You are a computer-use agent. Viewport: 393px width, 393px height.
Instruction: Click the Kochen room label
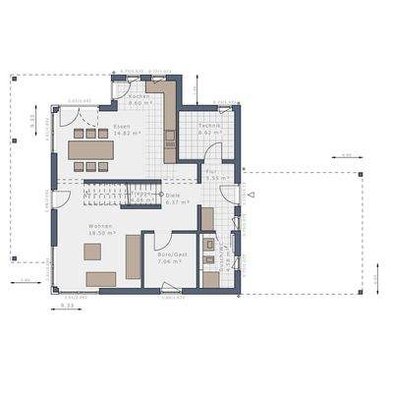click(139, 96)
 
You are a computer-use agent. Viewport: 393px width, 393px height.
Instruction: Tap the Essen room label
click(121, 127)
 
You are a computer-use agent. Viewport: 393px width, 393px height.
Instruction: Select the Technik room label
click(207, 127)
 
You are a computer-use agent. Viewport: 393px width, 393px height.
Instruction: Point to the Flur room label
click(210, 171)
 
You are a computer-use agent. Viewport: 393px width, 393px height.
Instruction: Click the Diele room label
click(173, 195)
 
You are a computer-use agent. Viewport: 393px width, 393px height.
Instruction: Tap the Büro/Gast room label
click(171, 254)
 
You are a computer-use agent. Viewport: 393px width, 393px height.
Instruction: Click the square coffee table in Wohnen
click(91, 253)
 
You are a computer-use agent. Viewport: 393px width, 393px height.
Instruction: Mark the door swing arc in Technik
click(212, 152)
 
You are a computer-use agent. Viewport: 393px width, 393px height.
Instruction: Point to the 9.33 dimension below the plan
click(67, 308)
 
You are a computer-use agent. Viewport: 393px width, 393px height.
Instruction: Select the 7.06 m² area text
click(171, 262)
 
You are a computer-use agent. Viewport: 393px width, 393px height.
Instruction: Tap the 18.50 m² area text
click(100, 235)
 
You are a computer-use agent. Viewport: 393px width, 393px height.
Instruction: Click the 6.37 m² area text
click(177, 201)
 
